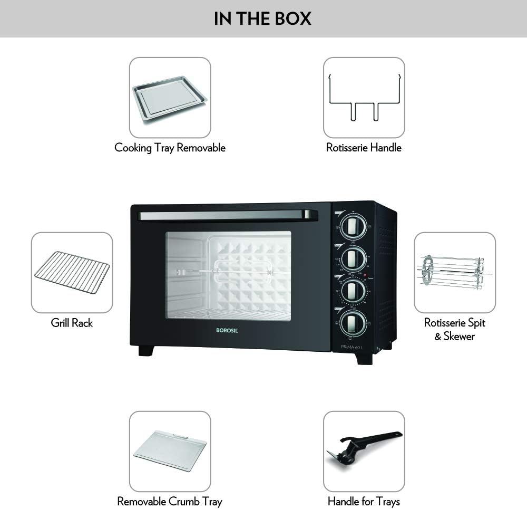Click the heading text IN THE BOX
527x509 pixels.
tap(262, 18)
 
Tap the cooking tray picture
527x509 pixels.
tap(170, 98)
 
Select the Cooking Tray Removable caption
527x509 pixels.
tap(170, 148)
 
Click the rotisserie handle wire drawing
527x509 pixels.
tap(364, 98)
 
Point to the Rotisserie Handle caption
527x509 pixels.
tap(364, 148)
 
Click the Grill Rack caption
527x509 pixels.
tap(72, 323)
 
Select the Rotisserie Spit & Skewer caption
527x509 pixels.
tap(454, 329)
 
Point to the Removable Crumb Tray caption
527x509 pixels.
tap(170, 501)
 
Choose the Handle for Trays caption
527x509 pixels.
tap(364, 501)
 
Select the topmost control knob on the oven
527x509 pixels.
tap(351, 227)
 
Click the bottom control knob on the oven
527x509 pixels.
tap(351, 321)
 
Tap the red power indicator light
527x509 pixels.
tap(364, 275)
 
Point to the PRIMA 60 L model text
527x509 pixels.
tap(352, 347)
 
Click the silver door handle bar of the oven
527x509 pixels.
tap(227, 215)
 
